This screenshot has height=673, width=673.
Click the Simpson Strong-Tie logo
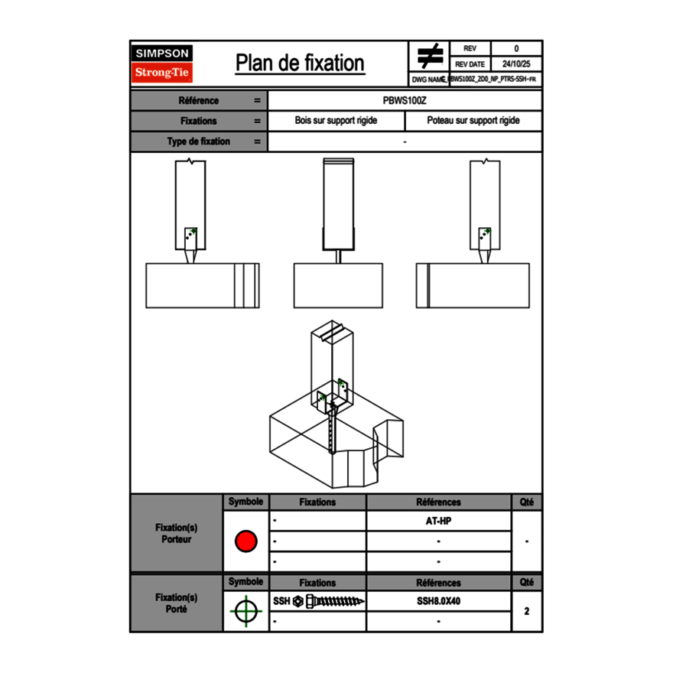(163, 63)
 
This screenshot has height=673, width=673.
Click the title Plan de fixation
(300, 63)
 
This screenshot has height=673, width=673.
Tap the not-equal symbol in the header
(430, 56)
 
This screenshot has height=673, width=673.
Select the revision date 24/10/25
(516, 64)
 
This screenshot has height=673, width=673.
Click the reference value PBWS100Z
(405, 100)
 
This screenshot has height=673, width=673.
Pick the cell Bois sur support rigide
(336, 121)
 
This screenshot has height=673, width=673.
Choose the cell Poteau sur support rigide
(473, 121)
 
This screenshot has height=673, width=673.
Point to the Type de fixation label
(199, 141)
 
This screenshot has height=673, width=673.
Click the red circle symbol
(245, 541)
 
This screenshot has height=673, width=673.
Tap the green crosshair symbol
(245, 612)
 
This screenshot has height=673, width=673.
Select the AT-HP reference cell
(438, 521)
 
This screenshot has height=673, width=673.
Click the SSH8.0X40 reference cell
(438, 601)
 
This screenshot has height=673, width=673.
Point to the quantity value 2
(526, 611)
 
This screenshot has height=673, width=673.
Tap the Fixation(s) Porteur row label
(177, 533)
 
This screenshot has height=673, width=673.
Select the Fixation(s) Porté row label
(177, 603)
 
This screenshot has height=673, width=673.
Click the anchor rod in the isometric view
(331, 432)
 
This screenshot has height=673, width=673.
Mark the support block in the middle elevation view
(337, 285)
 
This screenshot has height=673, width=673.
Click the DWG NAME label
(428, 79)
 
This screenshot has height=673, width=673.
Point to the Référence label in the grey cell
(199, 100)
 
